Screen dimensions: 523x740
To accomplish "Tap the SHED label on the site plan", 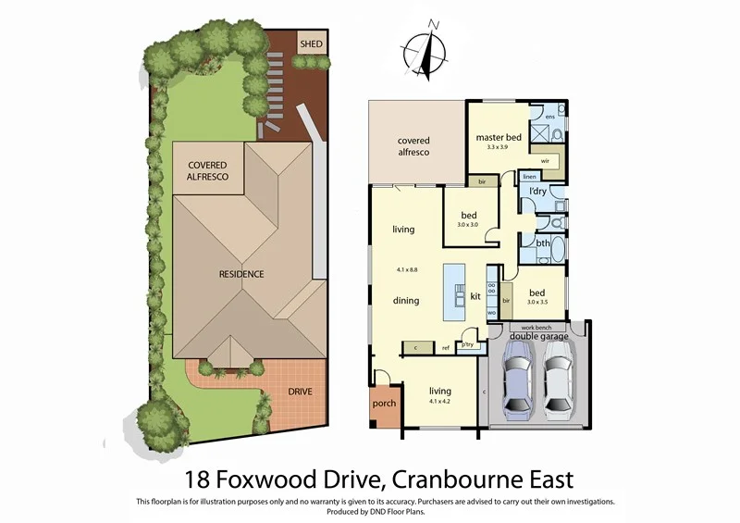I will click(x=309, y=44).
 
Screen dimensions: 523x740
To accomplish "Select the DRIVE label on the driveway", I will click(x=299, y=392).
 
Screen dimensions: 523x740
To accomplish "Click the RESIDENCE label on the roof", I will click(x=241, y=274).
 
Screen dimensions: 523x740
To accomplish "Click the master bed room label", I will click(x=499, y=138).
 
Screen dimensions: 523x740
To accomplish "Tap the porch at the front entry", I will click(x=383, y=405).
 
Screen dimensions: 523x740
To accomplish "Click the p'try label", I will click(x=468, y=344).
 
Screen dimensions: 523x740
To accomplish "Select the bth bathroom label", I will click(x=542, y=245).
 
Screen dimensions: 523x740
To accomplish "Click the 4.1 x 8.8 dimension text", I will click(x=404, y=270).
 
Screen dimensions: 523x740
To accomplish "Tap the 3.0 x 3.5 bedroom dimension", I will click(x=536, y=301).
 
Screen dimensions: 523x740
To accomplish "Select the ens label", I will click(x=549, y=118).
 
